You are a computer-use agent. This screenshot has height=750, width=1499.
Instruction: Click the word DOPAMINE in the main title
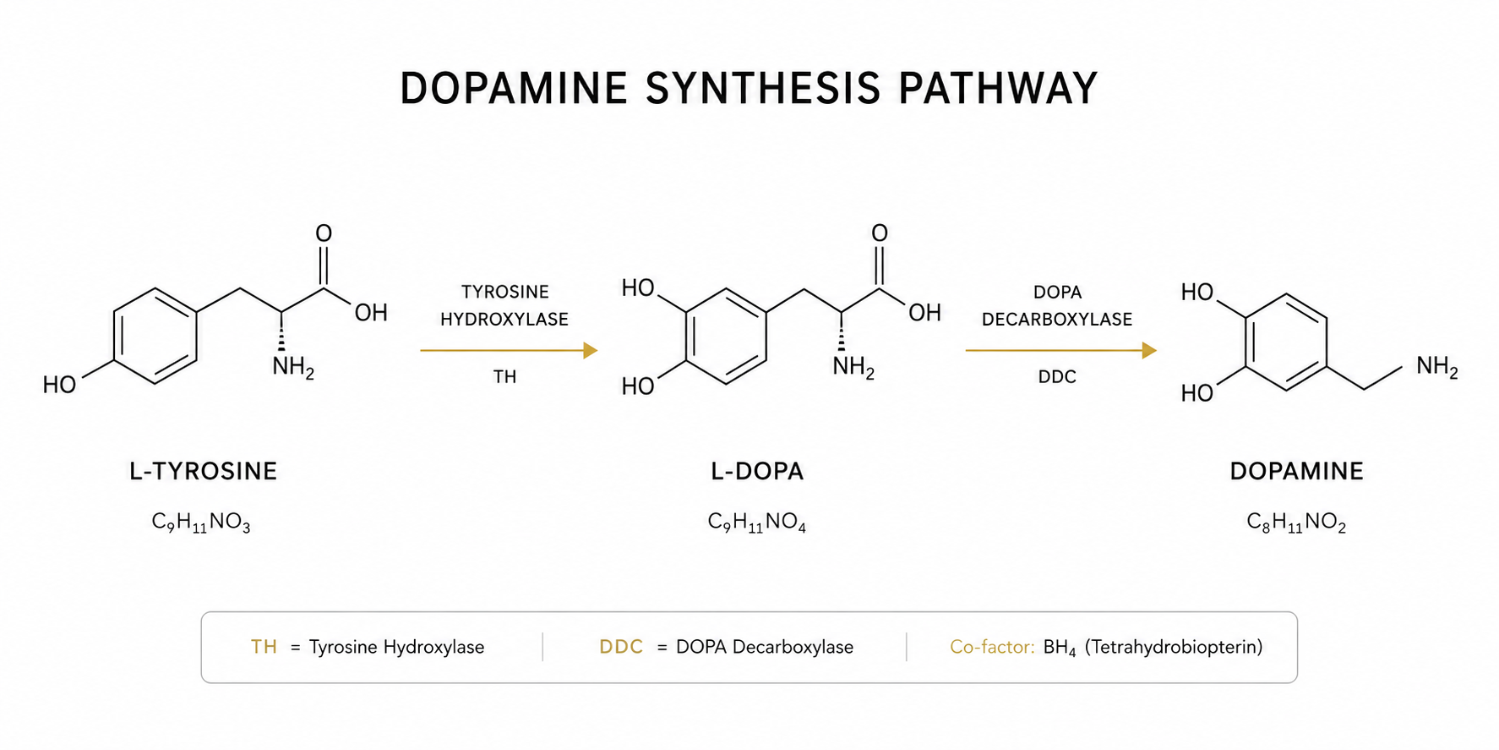coord(514,89)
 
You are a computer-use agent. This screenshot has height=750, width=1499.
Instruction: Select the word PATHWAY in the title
coord(997,89)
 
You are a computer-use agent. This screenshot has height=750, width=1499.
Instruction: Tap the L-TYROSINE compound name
coord(203,471)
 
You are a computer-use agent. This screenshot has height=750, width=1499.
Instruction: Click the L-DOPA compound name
coord(757,471)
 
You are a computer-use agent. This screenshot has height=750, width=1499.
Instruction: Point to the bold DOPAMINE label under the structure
coord(1296,471)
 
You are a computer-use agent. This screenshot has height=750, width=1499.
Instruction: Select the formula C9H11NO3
coord(201,523)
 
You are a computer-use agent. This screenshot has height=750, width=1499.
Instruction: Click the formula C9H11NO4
coord(757,523)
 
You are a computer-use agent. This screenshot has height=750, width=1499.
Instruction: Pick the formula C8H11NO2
coord(1296,523)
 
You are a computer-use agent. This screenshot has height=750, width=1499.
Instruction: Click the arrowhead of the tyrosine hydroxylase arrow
coord(591,350)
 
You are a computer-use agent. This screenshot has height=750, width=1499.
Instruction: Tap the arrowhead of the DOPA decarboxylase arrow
coord(1149,350)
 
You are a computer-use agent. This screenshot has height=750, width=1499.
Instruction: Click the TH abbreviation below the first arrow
coord(504,377)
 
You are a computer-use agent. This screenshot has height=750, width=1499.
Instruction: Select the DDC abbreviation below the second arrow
coord(1057,377)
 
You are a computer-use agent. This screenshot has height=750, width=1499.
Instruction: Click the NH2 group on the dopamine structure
coord(1437,367)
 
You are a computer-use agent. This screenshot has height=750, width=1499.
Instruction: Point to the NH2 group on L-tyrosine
coord(293,369)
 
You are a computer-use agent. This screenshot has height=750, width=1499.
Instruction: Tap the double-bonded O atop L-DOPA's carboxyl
coord(880,233)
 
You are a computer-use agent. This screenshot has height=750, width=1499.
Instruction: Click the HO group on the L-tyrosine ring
coord(59,386)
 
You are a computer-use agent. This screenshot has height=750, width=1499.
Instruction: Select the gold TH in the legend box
coord(264,647)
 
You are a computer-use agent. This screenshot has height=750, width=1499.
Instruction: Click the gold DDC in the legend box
coord(621,647)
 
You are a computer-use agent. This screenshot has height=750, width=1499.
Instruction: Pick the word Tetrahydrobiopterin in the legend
coord(1174,647)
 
